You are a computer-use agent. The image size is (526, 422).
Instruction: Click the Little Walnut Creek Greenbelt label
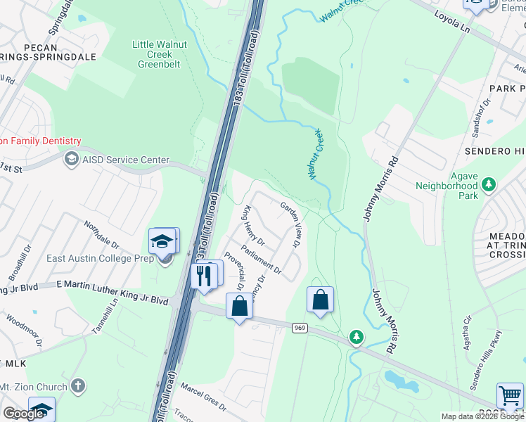156,54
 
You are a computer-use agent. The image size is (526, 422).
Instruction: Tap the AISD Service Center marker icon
71,160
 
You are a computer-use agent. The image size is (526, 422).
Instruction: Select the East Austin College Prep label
96,258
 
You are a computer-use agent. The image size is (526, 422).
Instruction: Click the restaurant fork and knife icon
205,275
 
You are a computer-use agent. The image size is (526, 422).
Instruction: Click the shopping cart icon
510,395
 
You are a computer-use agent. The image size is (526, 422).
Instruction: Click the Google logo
23,414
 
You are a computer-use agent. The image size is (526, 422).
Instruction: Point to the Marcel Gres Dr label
204,397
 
